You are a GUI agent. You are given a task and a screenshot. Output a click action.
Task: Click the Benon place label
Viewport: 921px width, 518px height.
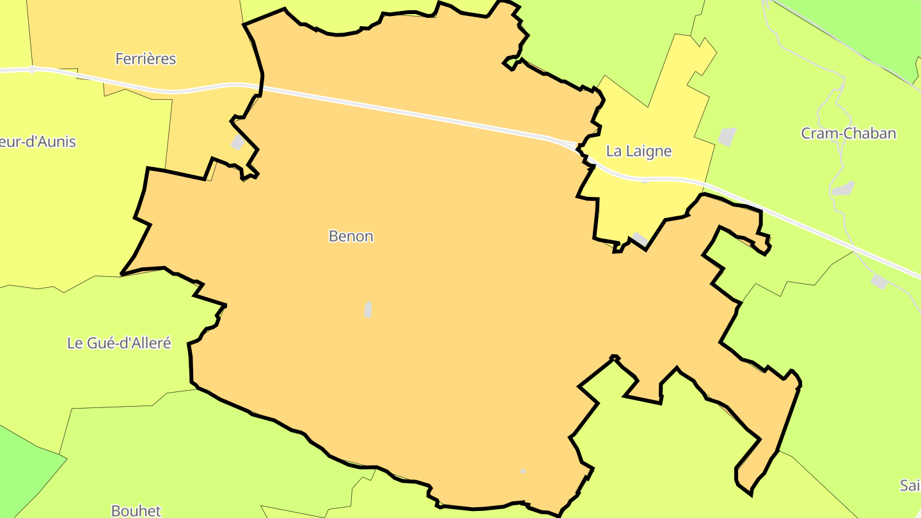(350, 236)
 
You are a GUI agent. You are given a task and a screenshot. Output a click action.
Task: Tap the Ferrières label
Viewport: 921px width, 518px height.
(145, 59)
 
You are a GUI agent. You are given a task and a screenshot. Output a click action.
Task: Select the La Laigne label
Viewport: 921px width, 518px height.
(638, 151)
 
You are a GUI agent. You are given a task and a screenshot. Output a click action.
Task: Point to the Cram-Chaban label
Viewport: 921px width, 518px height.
(848, 133)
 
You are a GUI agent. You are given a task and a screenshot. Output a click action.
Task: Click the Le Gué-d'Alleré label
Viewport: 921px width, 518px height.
(119, 343)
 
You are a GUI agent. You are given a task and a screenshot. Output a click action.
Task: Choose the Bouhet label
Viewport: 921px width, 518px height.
(136, 510)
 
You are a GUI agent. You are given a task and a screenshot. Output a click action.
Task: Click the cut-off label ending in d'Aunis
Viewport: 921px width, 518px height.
(37, 141)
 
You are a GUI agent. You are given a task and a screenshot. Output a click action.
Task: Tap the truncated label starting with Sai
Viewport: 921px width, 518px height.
(909, 485)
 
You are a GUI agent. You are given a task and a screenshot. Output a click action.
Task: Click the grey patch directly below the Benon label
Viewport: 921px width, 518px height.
(368, 310)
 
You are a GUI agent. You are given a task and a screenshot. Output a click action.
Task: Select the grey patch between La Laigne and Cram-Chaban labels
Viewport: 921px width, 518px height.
(727, 136)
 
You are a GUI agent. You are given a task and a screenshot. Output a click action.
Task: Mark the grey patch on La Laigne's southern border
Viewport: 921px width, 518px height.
(640, 239)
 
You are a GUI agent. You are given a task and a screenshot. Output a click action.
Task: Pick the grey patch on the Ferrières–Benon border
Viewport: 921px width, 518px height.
(238, 141)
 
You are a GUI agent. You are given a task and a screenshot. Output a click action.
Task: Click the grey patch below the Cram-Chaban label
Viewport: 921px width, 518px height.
(843, 188)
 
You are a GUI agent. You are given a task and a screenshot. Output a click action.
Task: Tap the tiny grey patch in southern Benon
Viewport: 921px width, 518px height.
(523, 471)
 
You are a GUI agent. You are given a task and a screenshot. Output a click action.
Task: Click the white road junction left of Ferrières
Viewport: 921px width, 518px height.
(32, 69)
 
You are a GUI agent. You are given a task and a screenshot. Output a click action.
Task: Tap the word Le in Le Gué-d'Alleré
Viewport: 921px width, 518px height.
(74, 343)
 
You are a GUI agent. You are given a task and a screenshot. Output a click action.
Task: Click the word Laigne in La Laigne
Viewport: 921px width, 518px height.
(649, 151)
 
